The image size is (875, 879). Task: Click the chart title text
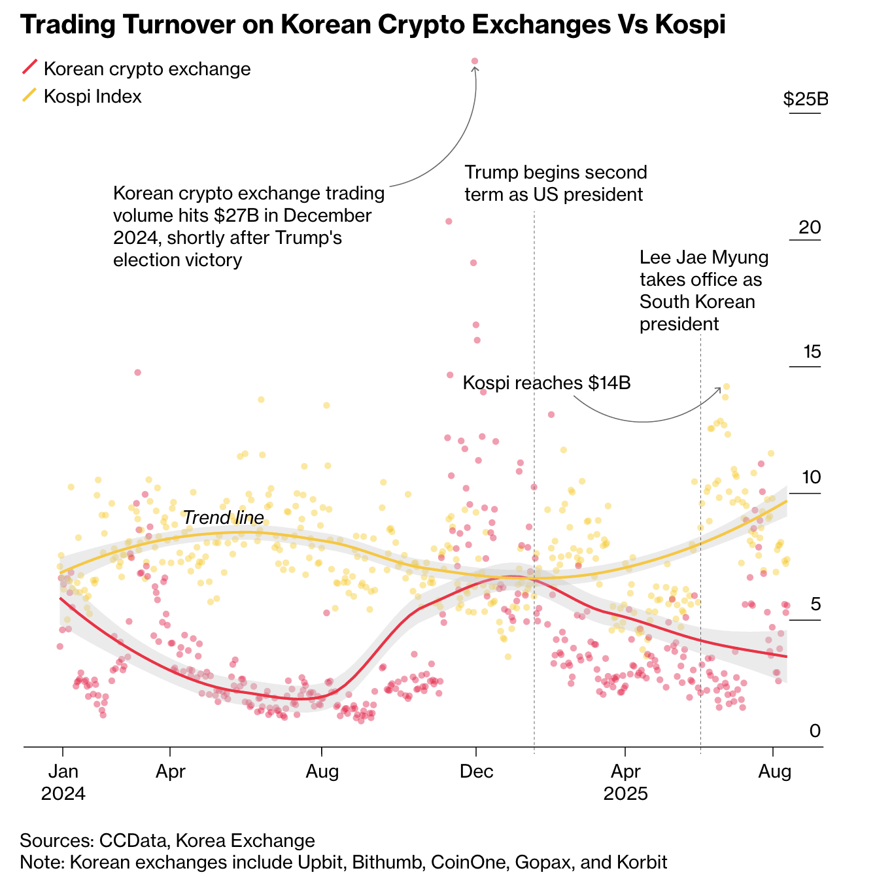pos(373,25)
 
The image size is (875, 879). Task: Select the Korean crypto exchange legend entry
pos(146,69)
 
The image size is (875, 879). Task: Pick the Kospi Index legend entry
pos(92,96)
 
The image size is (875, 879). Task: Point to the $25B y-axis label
pos(806,99)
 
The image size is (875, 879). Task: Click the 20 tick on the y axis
pos(810,227)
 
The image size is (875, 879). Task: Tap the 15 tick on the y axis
pos(811,352)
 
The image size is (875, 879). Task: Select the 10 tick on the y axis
pos(811,477)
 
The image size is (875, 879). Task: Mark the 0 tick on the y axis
pos(815,731)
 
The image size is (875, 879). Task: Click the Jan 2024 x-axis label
pos(63,782)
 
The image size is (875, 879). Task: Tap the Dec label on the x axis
pos(476,772)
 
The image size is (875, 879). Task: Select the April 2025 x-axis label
pos(625,782)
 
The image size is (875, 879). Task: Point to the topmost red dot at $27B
pos(475,61)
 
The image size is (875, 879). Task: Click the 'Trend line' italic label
pos(223,518)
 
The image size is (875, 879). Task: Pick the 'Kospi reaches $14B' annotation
pos(546,383)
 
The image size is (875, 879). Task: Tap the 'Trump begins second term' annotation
pos(555,183)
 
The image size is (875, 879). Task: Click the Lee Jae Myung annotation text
pos(704,290)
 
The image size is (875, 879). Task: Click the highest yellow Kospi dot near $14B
pos(726,387)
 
